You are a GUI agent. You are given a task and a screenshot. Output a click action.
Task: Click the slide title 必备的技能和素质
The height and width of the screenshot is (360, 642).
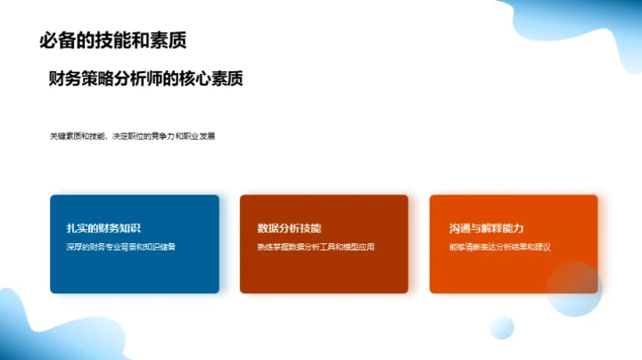pyautogui.click(x=113, y=41)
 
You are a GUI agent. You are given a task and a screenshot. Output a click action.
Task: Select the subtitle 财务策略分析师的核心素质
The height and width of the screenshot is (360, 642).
pyautogui.click(x=146, y=79)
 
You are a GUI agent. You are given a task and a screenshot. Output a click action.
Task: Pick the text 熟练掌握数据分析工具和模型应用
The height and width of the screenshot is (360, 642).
pyautogui.click(x=316, y=246)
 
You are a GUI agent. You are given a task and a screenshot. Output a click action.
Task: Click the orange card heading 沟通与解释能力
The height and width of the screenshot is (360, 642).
pyautogui.click(x=487, y=228)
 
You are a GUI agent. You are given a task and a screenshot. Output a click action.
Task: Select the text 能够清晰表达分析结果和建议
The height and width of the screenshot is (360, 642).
pyautogui.click(x=500, y=246)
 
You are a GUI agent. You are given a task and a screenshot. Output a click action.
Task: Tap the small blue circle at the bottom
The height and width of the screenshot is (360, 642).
pyautogui.click(x=502, y=327)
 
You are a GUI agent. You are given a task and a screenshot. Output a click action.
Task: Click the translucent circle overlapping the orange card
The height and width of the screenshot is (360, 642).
pyautogui.click(x=574, y=289)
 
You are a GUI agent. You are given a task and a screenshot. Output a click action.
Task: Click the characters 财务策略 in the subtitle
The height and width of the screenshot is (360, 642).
pyautogui.click(x=83, y=79)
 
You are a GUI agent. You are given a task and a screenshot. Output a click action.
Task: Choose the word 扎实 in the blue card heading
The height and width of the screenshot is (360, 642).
pyautogui.click(x=64, y=228)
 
